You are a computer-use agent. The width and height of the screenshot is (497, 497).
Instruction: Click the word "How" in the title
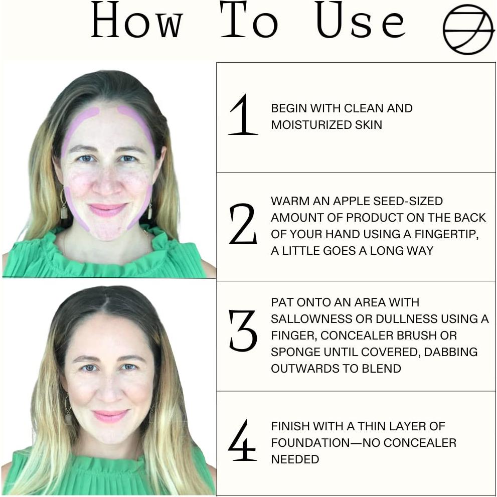[x=136, y=22]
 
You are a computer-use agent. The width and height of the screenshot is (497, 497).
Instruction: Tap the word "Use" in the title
[x=360, y=22]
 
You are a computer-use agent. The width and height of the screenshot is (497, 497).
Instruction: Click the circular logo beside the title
[x=468, y=29]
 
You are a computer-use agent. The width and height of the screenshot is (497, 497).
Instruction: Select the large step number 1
[x=243, y=115]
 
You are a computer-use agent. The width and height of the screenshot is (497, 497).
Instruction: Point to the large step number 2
[x=243, y=225]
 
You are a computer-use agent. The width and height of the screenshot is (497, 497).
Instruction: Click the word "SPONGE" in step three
[x=291, y=352]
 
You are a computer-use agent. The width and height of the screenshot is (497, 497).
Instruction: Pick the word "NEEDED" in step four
[x=295, y=459]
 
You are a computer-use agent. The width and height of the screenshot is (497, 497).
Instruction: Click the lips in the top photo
[x=107, y=210]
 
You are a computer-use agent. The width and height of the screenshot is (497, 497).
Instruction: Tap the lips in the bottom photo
[x=110, y=416]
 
